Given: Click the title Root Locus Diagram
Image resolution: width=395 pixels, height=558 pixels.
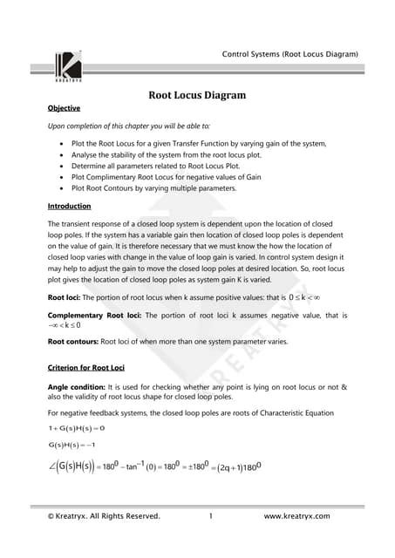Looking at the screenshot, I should [x=196, y=95].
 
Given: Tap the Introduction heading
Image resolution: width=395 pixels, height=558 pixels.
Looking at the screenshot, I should [x=70, y=206].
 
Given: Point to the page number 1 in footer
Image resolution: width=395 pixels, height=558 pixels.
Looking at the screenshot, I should [x=211, y=516].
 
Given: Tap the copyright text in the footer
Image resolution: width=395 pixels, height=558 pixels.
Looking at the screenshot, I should [x=104, y=516].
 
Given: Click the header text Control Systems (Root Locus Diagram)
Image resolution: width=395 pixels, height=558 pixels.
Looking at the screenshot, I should [x=290, y=54].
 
